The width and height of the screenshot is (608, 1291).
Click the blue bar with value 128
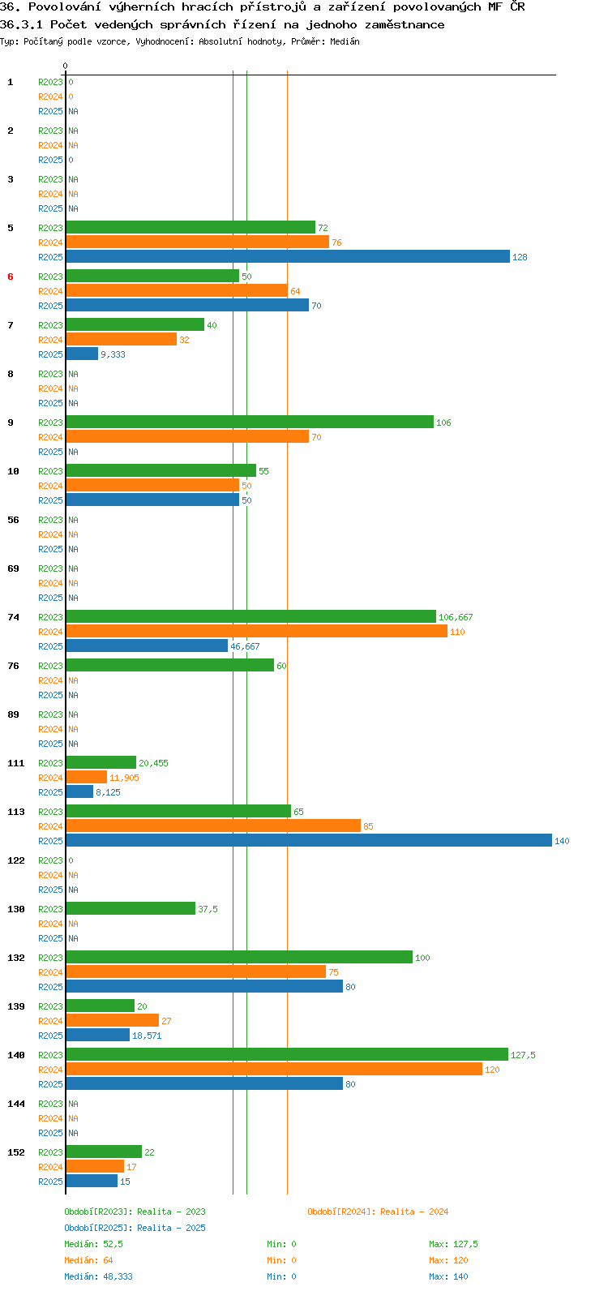(x=288, y=256)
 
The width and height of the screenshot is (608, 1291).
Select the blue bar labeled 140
(x=309, y=840)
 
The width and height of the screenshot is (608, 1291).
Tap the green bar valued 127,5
(x=287, y=1054)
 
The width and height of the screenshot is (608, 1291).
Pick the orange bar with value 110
(x=256, y=631)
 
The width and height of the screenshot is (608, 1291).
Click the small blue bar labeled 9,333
(x=82, y=354)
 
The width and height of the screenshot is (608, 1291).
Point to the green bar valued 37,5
(x=131, y=908)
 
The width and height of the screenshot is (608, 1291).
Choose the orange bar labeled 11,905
(x=87, y=777)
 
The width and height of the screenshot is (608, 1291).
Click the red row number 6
(x=11, y=277)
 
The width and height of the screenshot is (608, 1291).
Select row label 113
(x=16, y=812)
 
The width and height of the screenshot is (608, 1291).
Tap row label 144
(x=16, y=1103)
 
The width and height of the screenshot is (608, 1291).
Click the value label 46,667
(x=245, y=646)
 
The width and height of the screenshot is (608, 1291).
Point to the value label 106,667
(x=456, y=616)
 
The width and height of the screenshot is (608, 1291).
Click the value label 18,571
(x=147, y=1035)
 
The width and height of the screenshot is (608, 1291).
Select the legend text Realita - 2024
(x=414, y=1211)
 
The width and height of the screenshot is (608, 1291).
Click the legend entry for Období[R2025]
(x=135, y=1227)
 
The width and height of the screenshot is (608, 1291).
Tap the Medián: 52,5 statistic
(x=93, y=1244)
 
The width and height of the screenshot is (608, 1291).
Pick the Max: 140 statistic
(x=448, y=1276)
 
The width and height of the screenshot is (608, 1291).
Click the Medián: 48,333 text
(x=98, y=1276)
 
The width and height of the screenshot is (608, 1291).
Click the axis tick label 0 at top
(x=65, y=66)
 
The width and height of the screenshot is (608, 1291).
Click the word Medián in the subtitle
(x=345, y=41)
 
